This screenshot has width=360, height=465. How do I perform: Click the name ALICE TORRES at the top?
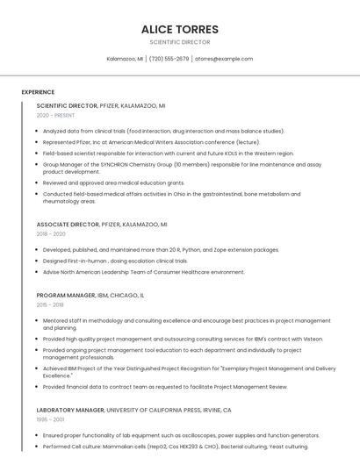(x=180, y=29)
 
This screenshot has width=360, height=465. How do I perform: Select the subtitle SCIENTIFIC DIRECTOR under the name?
(x=180, y=41)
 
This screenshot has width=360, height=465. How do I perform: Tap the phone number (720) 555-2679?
(x=169, y=59)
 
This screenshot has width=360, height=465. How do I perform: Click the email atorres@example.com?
(x=224, y=59)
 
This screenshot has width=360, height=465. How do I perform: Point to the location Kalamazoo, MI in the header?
(x=126, y=59)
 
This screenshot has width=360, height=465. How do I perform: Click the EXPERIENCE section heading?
(x=38, y=92)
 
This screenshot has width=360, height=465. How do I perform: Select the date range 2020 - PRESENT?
(x=55, y=115)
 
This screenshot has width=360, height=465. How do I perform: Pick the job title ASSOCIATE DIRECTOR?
(x=68, y=225)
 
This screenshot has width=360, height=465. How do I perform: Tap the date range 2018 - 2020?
(x=51, y=234)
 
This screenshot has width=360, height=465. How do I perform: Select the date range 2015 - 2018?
(x=50, y=305)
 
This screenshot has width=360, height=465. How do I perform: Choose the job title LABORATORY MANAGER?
(x=72, y=410)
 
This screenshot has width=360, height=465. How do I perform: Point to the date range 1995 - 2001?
(x=50, y=419)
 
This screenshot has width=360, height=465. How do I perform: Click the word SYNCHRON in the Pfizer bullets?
(x=105, y=164)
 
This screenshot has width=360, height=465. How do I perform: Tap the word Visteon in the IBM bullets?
(x=313, y=339)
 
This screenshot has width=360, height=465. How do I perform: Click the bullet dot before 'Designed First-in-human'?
(x=38, y=261)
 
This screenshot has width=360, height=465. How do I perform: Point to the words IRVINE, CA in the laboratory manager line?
(x=215, y=410)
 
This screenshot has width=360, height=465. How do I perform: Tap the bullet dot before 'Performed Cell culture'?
(x=38, y=447)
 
